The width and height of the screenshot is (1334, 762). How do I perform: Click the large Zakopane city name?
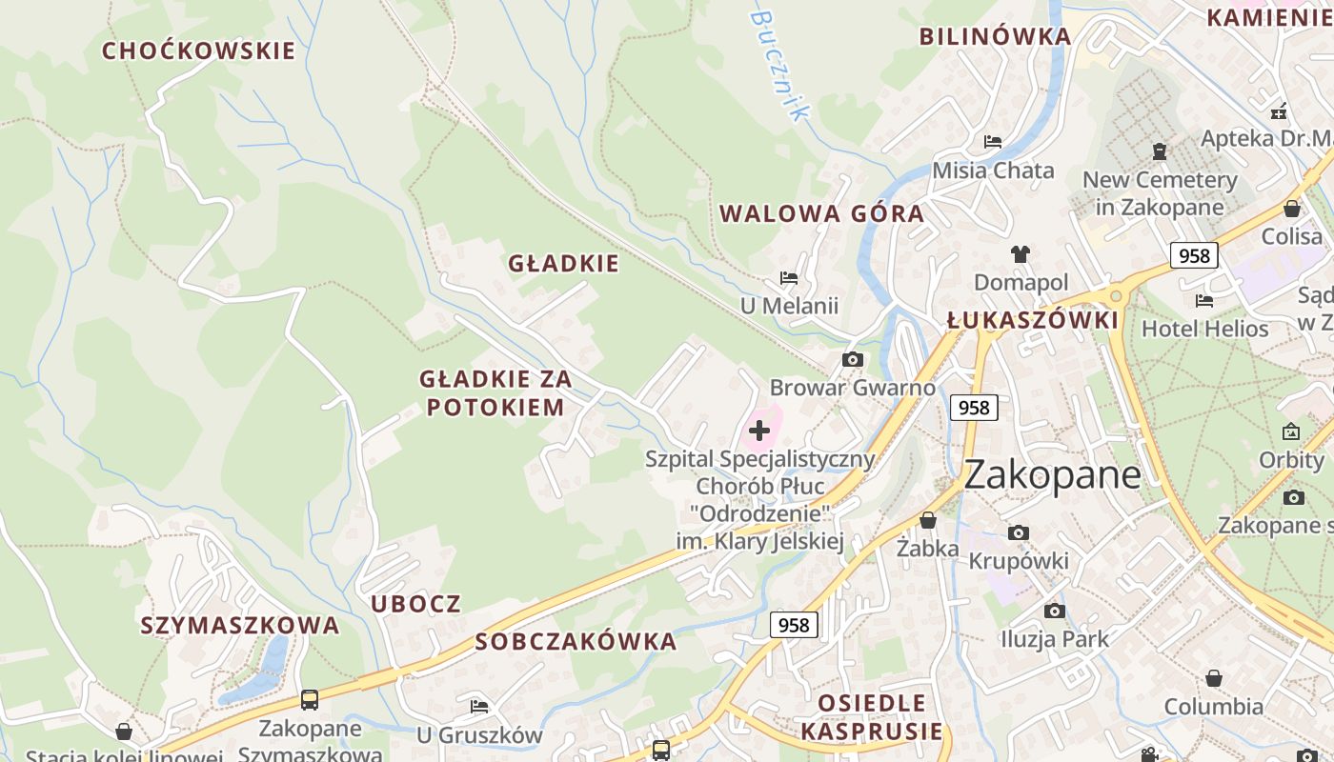pos(1052,474)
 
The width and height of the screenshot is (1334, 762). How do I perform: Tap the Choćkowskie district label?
pos(198,50)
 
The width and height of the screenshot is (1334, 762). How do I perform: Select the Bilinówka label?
pos(995,37)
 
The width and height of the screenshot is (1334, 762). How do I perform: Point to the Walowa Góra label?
pos(821,213)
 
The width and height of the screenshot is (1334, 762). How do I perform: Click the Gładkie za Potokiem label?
pos(495,392)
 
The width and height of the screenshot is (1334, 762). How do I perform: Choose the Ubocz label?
pos(415,603)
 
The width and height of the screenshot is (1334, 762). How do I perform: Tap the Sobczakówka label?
pos(576,641)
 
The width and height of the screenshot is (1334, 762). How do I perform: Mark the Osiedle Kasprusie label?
pos(872,717)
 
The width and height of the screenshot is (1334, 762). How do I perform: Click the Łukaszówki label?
pos(1032,320)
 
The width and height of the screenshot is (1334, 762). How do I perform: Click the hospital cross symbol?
pos(759,431)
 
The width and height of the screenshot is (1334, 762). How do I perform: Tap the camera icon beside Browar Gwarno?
pos(853,359)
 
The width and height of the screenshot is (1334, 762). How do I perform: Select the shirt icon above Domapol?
pos(1021,254)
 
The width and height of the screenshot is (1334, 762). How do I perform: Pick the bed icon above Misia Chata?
pos(993,142)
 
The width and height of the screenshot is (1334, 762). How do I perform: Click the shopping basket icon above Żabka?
pos(927,520)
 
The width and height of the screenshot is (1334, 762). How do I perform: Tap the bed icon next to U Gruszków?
pos(479,706)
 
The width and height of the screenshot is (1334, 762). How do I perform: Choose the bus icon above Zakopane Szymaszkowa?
pos(310,700)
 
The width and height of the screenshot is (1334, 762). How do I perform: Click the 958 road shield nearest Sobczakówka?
pos(793,625)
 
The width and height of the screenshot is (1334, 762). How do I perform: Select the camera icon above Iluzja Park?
pos(1054,611)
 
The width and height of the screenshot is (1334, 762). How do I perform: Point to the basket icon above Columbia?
pos(1213,678)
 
